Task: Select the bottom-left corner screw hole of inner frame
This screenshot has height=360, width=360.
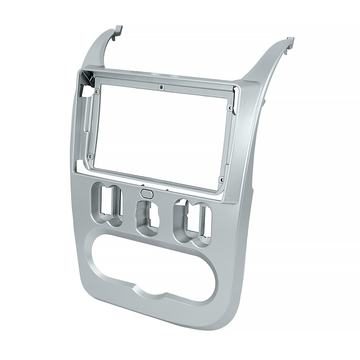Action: point(91,156)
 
